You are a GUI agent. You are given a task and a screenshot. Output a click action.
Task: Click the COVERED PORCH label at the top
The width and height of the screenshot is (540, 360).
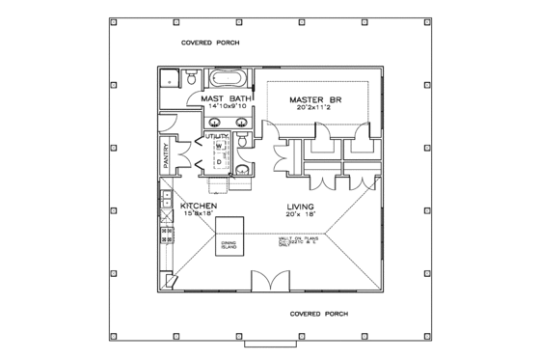click(x=211, y=44)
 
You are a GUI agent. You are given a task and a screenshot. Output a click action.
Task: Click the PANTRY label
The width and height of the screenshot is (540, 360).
click(x=167, y=155)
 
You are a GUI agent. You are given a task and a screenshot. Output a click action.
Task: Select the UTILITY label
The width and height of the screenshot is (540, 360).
click(x=216, y=138)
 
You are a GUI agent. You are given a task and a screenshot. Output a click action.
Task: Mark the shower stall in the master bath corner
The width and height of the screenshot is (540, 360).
click(x=170, y=80)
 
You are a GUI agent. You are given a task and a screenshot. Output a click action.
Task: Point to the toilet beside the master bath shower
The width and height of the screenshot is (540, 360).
click(x=192, y=77)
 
